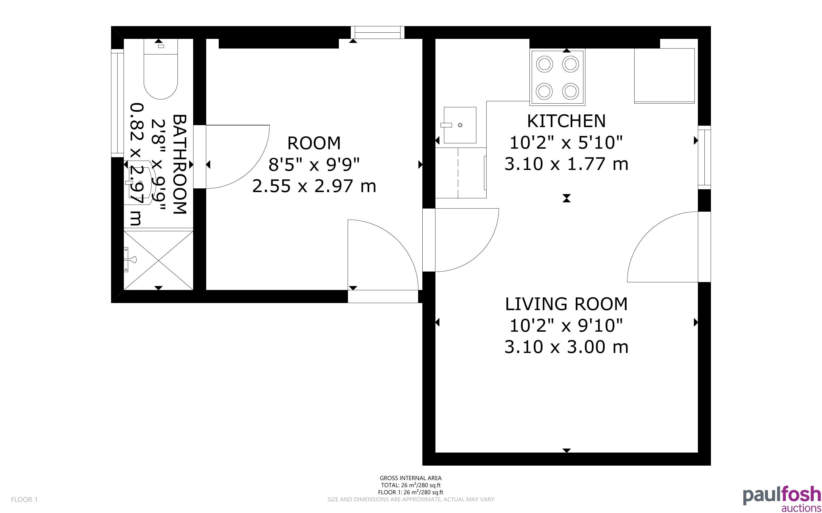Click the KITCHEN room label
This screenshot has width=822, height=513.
(x=566, y=121)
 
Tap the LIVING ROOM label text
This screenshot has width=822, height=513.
(x=566, y=304)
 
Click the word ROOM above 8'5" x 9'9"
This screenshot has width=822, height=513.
(x=314, y=143)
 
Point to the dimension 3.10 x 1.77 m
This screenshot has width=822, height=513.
(x=566, y=164)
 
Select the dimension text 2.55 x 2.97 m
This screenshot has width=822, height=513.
(x=314, y=186)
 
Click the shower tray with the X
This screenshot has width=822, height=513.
(x=158, y=260)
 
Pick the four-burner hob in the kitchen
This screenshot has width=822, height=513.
(x=558, y=77)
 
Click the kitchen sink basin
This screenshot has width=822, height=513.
(x=460, y=125)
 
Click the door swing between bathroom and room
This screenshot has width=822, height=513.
(x=238, y=156)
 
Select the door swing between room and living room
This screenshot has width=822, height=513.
(x=467, y=240)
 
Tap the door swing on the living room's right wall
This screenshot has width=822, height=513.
(x=662, y=247)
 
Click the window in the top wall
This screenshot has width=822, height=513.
(x=377, y=33)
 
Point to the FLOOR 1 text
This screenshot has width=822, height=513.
(x=24, y=499)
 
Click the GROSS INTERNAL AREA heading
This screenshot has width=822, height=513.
(x=410, y=478)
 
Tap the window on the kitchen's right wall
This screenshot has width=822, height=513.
(x=704, y=157)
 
